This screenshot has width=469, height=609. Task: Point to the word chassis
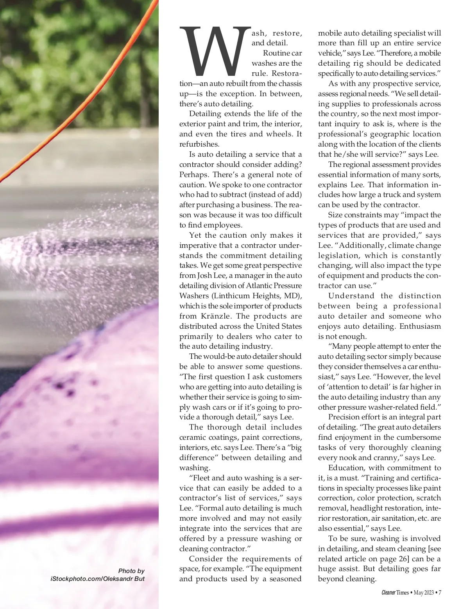[x=289, y=83]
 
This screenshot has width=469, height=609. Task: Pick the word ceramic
[x=193, y=437]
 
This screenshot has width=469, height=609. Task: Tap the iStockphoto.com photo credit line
[x=97, y=579]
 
